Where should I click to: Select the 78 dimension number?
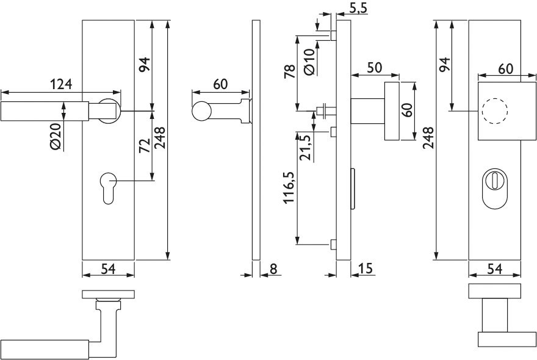click(x=290, y=71)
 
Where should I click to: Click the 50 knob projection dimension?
click(x=375, y=68)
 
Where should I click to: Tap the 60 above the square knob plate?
click(x=505, y=69)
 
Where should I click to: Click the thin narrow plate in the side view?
click(x=256, y=140)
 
